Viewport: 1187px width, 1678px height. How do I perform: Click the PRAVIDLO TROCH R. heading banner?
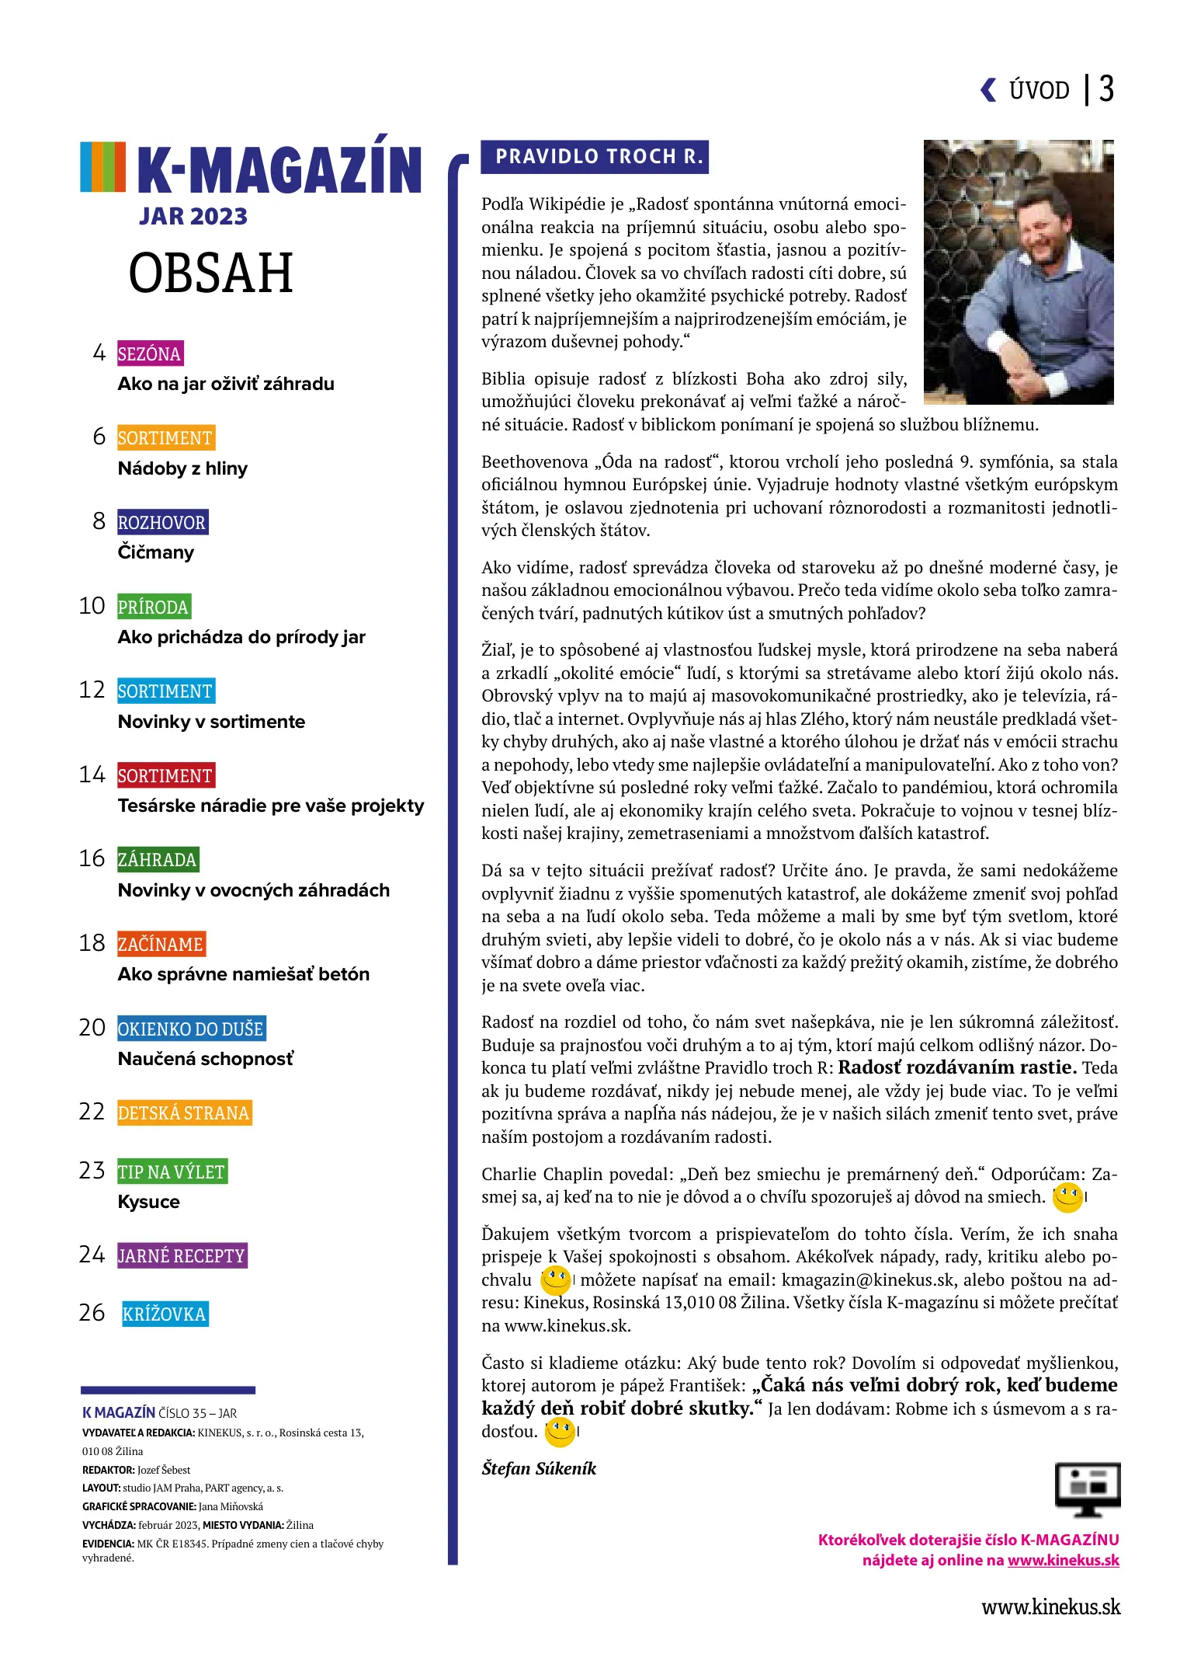click(595, 157)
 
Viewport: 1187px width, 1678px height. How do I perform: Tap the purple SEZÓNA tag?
click(150, 354)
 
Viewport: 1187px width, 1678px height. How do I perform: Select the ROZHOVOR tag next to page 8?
click(162, 523)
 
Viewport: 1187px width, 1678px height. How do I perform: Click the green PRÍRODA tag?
click(154, 607)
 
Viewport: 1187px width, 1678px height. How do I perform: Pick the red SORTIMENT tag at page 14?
click(165, 776)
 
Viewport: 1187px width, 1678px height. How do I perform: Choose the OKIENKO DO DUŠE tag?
click(191, 1029)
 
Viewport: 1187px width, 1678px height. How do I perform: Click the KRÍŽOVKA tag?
click(165, 1314)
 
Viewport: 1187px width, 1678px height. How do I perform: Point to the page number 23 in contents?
click(92, 1171)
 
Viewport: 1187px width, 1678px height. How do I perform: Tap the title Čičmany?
click(155, 553)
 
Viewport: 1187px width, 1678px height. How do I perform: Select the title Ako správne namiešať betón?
click(243, 975)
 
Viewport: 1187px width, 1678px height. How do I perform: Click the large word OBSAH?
click(210, 273)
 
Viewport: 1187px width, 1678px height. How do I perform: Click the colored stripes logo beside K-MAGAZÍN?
click(102, 167)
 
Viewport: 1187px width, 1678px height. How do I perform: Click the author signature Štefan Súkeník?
click(538, 1469)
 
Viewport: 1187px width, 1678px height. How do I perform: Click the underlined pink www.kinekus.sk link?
click(1063, 1561)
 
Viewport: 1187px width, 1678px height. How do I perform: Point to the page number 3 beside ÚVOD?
click(1106, 89)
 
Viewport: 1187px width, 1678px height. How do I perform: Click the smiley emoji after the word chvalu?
click(555, 1280)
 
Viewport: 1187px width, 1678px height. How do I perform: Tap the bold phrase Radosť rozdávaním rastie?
click(956, 1068)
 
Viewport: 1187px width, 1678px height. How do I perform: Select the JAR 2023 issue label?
click(193, 217)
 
